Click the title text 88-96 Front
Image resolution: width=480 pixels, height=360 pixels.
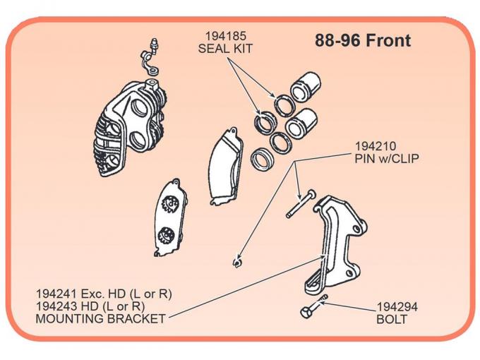tap(362, 41)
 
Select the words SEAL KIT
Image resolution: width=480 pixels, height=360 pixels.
tap(225, 49)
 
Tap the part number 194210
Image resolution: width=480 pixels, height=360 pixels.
tap(376, 146)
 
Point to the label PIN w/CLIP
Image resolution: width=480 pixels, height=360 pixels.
tap(386, 159)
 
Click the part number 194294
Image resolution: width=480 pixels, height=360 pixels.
tap(397, 307)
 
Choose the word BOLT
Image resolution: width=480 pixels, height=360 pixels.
tap(392, 319)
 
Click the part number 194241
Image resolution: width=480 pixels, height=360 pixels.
tap(58, 293)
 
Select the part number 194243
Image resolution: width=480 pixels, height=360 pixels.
tap(58, 306)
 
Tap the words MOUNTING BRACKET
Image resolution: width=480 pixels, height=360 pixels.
tap(100, 318)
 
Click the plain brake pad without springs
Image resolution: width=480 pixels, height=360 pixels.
tap(225, 167)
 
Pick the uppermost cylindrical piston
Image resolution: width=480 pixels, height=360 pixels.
tap(306, 86)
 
